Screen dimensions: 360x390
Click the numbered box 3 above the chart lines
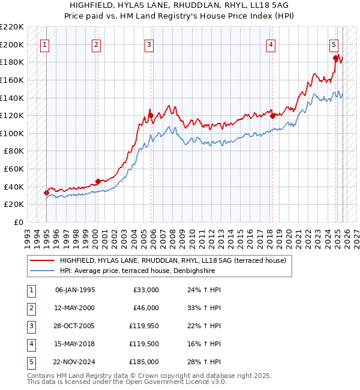[149, 46]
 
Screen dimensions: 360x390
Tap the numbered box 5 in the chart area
[334, 46]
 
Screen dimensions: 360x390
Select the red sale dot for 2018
[272, 116]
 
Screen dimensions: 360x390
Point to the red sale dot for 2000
[98, 181]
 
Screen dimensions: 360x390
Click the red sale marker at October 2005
[151, 115]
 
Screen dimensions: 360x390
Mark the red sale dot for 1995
[46, 193]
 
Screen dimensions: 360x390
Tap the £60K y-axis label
[14, 169]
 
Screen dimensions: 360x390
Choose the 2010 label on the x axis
[192, 239]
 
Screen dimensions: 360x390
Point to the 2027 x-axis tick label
[357, 239]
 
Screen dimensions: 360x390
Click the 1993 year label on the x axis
[28, 239]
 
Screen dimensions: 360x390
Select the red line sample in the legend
[42, 260]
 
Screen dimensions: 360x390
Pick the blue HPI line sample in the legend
[42, 271]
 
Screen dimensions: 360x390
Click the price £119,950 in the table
[144, 326]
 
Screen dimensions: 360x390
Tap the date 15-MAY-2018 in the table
[74, 344]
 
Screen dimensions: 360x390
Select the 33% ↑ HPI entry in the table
[204, 308]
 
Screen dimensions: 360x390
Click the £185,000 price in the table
[144, 362]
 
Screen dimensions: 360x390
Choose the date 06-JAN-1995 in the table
[75, 290]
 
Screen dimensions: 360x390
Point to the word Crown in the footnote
[146, 376]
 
